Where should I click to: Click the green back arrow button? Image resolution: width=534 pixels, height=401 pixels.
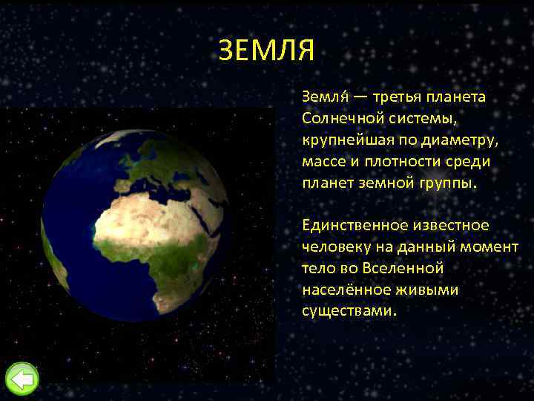[22, 379]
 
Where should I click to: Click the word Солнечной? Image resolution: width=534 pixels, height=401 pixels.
[338, 119]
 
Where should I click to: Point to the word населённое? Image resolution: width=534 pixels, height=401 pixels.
[342, 289]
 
